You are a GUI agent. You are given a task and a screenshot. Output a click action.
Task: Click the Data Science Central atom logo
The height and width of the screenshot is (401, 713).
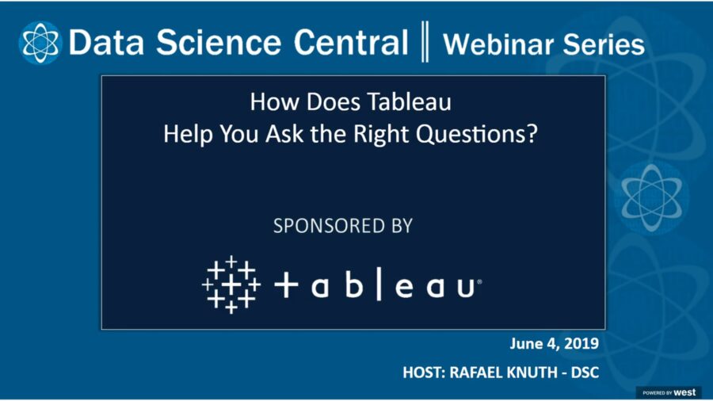tap(40, 43)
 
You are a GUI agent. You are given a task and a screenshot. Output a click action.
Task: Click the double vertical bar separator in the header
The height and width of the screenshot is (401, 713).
tap(425, 43)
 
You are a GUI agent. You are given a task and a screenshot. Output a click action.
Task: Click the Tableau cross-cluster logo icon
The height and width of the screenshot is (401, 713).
tap(230, 284)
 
